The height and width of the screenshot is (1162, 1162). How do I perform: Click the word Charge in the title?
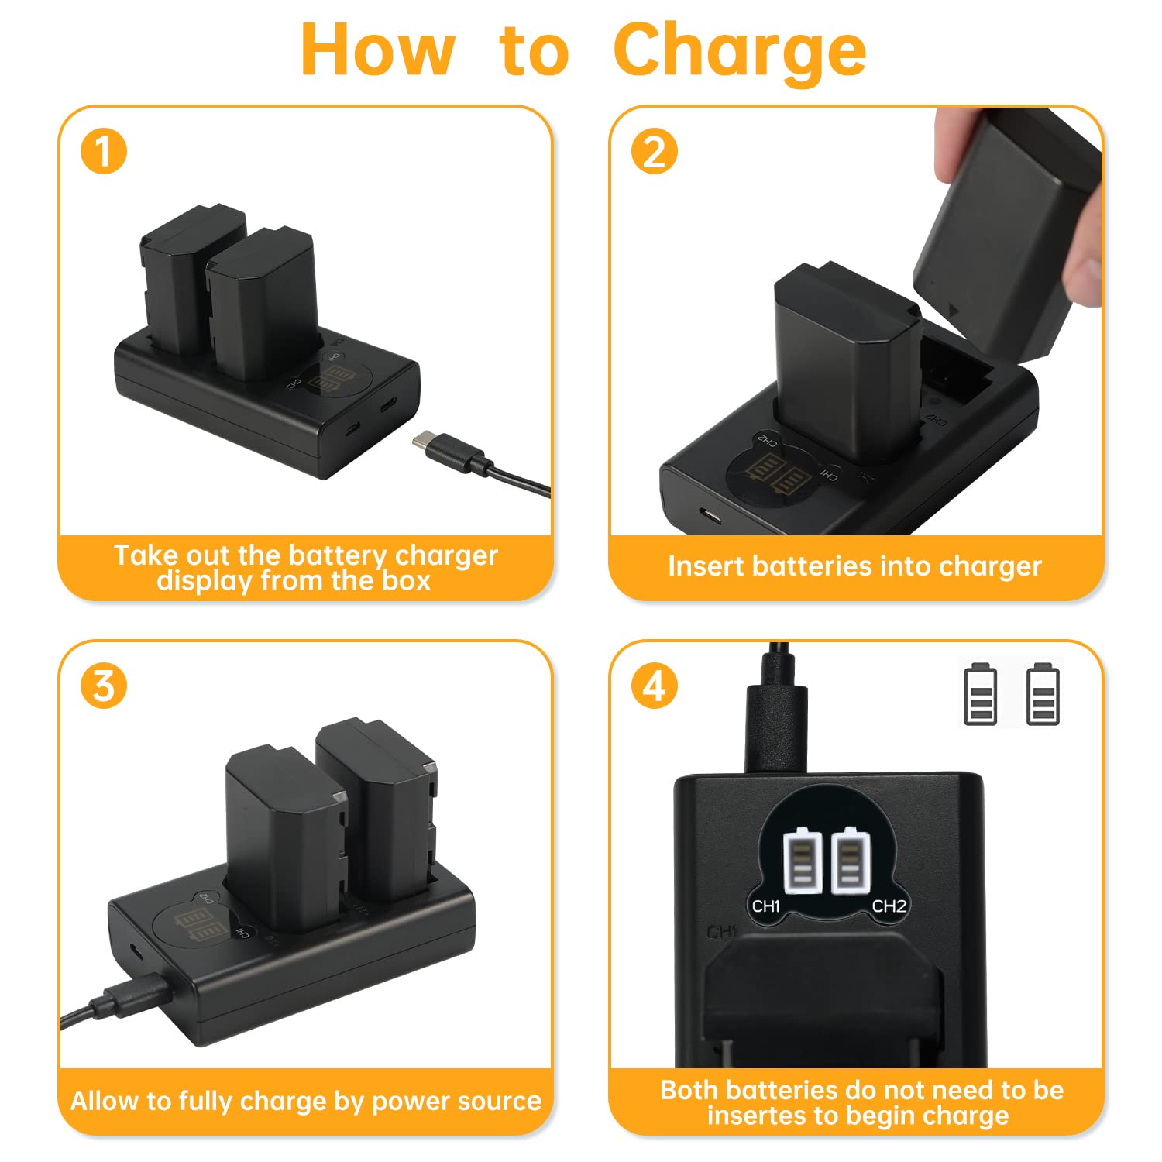tap(740, 51)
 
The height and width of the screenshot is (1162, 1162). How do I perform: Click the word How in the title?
tap(376, 49)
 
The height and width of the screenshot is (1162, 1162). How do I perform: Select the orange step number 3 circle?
tap(104, 686)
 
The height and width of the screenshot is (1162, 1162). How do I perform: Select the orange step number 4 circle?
tap(655, 686)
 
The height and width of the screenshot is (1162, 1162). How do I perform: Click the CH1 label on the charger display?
tap(765, 906)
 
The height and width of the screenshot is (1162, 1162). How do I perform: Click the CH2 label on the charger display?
tap(889, 906)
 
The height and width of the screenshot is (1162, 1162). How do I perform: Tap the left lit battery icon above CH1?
tap(803, 860)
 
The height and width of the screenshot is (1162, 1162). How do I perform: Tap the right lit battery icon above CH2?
tap(851, 860)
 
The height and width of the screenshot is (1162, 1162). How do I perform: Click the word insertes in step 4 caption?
tap(755, 1116)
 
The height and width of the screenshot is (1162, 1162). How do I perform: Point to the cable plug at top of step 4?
tap(775, 713)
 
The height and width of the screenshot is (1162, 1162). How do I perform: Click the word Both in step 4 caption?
tap(689, 1090)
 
